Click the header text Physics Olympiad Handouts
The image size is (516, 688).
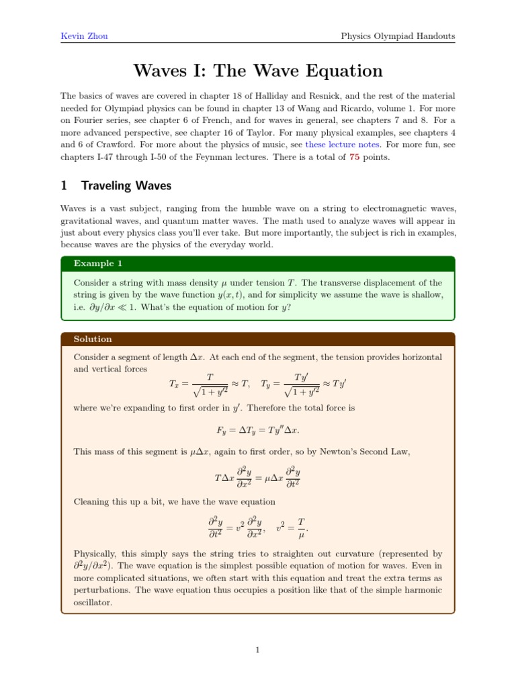[398, 36]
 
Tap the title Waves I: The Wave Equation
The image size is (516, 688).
[258, 71]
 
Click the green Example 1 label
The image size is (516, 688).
[94, 263]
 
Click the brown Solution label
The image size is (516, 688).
[93, 339]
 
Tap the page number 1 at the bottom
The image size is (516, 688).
[258, 650]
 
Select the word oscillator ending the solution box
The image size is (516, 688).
[93, 603]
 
